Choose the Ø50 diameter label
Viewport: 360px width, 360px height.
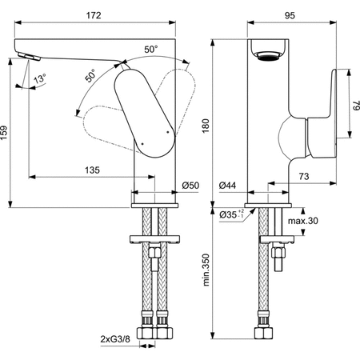point(190,186)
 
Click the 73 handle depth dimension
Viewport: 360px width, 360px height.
point(305,175)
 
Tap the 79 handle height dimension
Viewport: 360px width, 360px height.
point(353,104)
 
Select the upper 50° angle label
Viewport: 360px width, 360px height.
point(150,50)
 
